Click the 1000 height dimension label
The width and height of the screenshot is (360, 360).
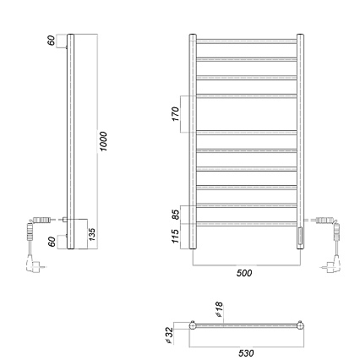point(103,141)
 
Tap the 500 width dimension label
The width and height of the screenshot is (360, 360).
point(244,273)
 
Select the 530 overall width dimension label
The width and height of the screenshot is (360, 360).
point(246,352)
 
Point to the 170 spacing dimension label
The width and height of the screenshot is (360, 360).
point(175,114)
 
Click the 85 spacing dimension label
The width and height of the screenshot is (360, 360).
point(175,215)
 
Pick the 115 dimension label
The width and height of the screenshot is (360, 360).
point(175,236)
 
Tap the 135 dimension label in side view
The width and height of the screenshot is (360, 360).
point(92,234)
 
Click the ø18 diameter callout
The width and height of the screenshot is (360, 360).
point(218,309)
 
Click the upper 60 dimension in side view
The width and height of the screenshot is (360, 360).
point(52,41)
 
